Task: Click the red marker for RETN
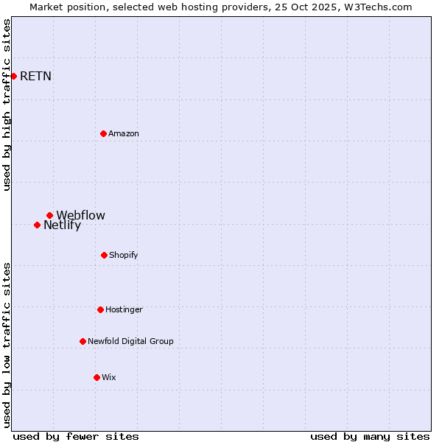[x=13, y=76]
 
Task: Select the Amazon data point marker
[x=103, y=133]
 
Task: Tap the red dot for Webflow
[x=49, y=215]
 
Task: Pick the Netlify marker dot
[x=37, y=225]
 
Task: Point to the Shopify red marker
[x=104, y=255]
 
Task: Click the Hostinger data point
[x=100, y=309]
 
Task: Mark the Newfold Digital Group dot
[x=83, y=341]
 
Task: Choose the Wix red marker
[x=97, y=377]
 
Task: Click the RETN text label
[x=35, y=76]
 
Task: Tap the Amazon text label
[x=124, y=133]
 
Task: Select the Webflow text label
[x=80, y=215]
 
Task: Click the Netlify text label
[x=62, y=225]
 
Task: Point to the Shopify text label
[x=124, y=255]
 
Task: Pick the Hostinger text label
[x=124, y=309]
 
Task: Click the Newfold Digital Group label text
[x=130, y=341]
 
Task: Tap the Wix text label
[x=109, y=377]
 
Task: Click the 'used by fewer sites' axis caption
[x=76, y=436]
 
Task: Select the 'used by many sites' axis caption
[x=370, y=436]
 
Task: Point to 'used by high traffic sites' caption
[x=7, y=105]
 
